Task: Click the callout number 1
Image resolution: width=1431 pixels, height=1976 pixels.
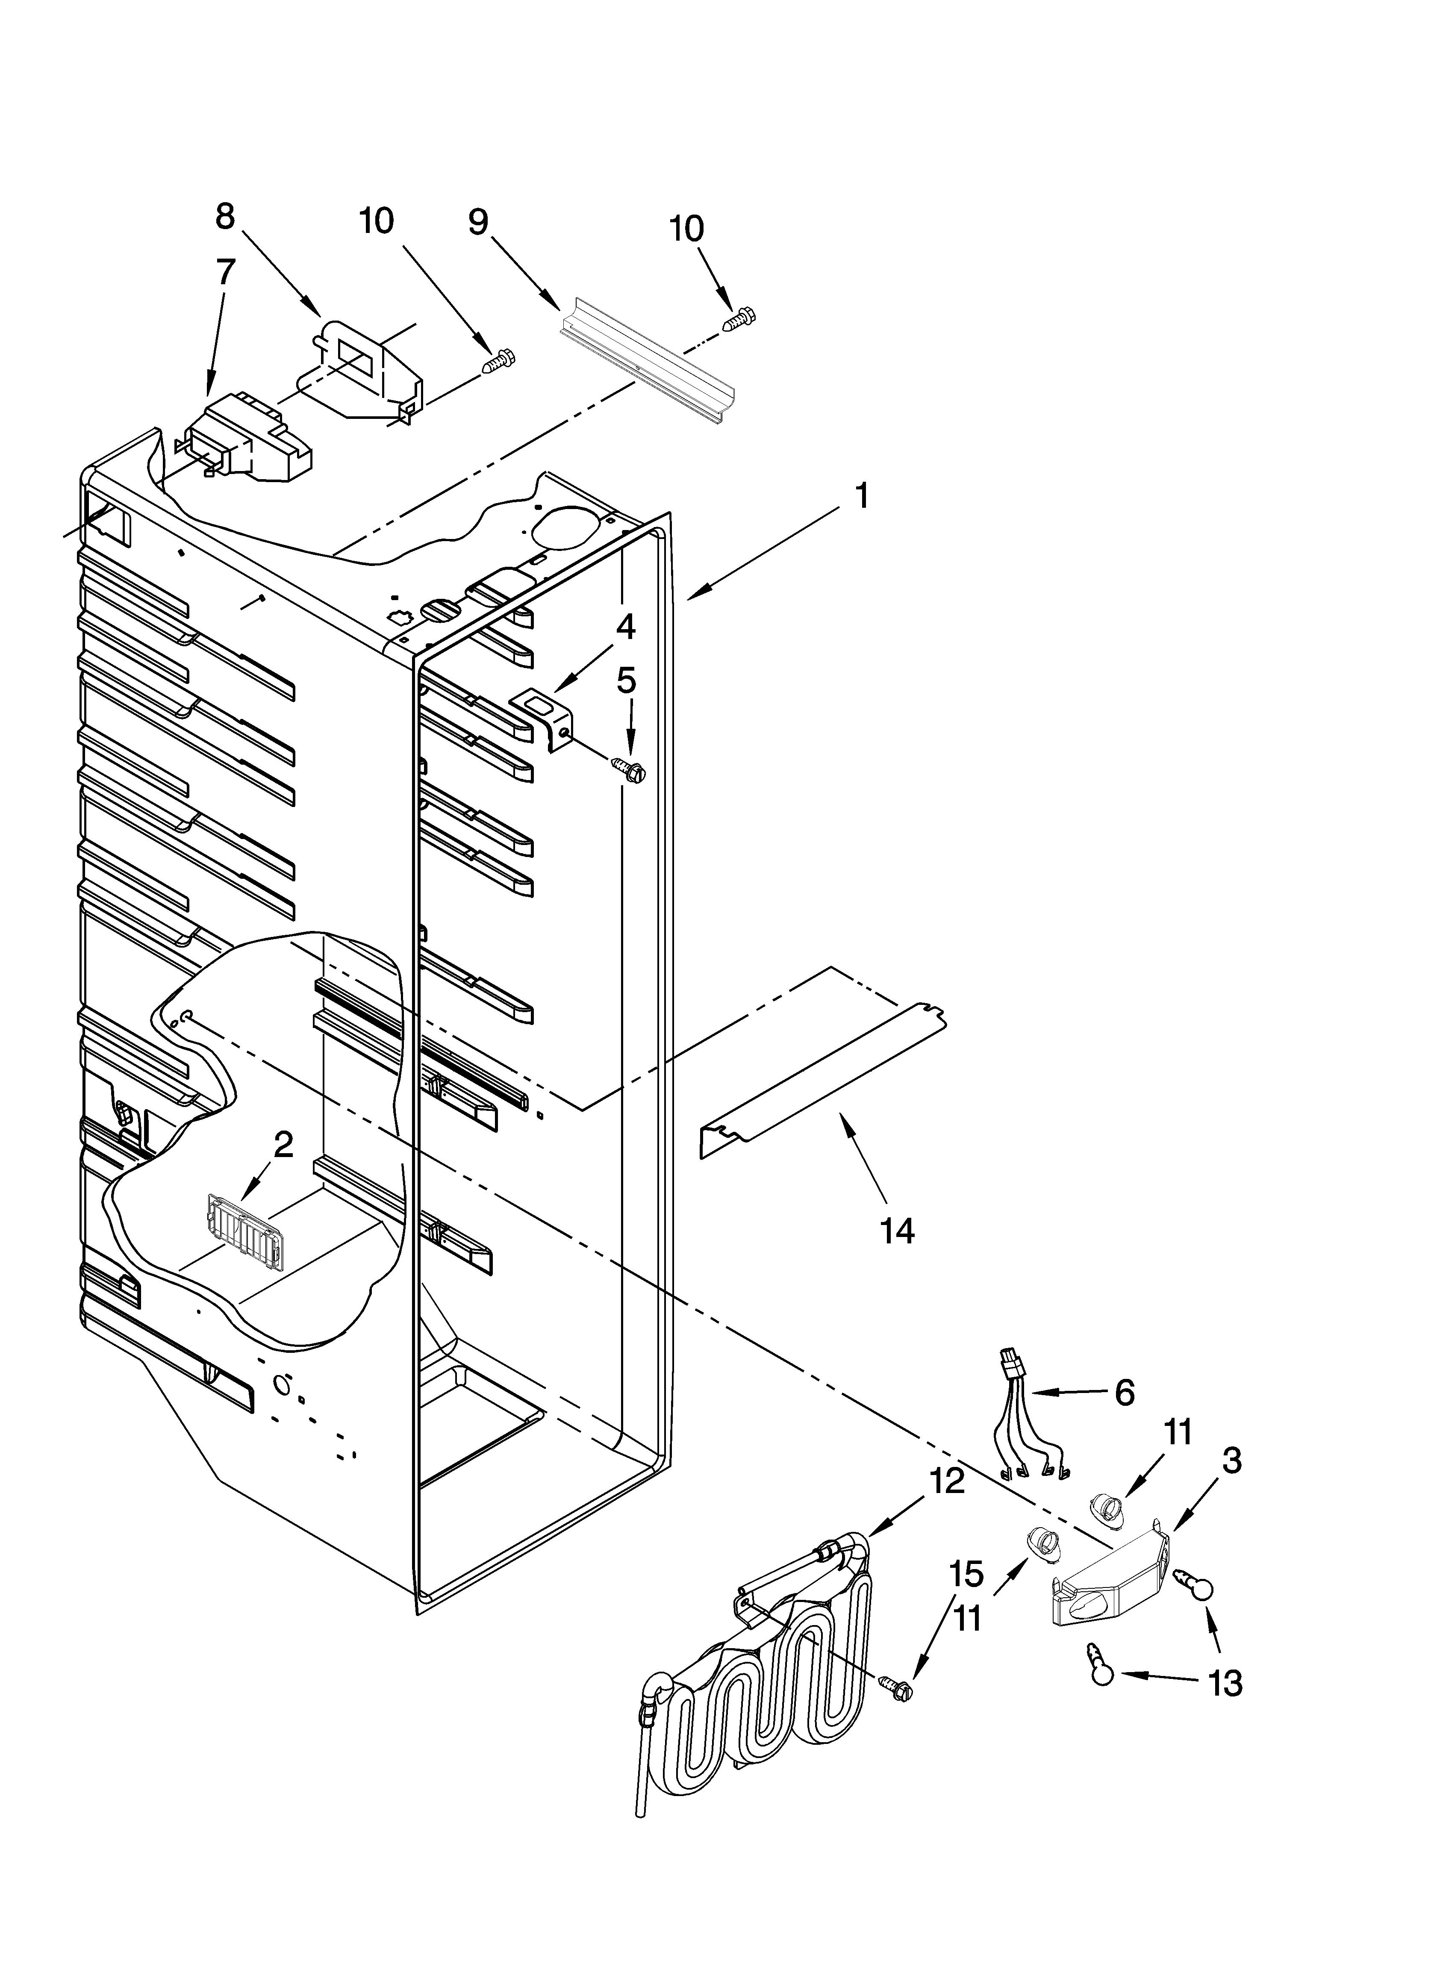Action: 860,497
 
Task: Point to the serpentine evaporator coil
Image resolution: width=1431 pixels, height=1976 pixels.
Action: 767,1699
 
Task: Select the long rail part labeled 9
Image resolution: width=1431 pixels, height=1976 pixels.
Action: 649,363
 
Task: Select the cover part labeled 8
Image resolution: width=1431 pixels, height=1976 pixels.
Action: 362,370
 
